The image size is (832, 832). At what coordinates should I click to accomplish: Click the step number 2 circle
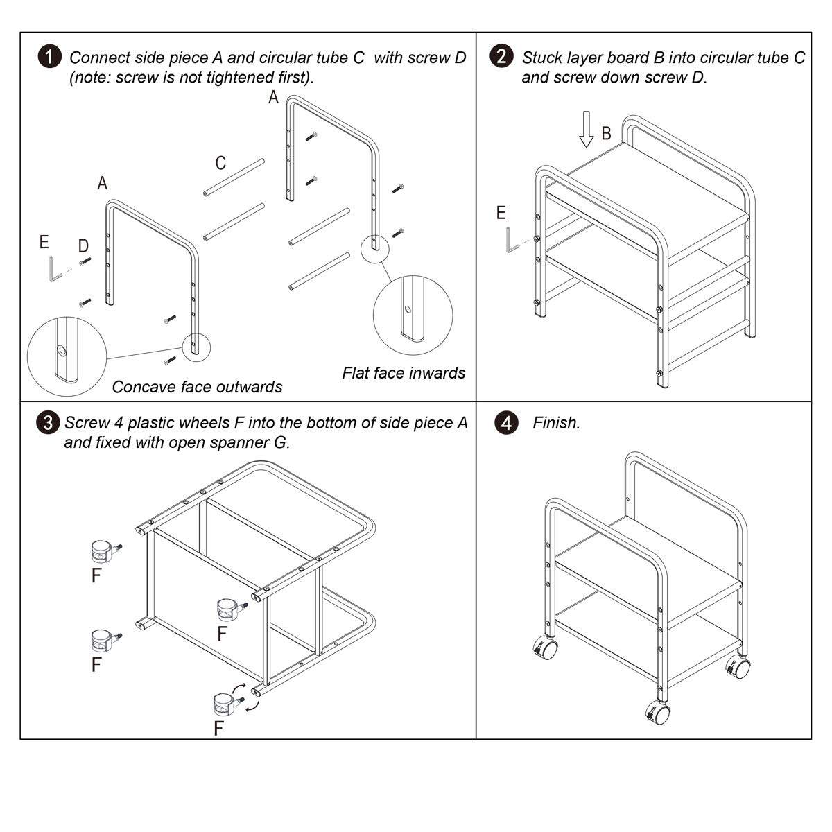(x=502, y=56)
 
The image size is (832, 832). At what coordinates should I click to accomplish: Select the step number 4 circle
(x=507, y=423)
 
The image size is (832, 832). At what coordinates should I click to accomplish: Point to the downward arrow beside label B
(x=587, y=130)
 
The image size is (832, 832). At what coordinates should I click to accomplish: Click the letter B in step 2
(x=606, y=133)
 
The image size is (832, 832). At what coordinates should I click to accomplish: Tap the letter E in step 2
(x=501, y=213)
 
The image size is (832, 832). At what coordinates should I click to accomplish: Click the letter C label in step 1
(x=220, y=163)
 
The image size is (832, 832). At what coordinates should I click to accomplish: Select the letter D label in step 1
(x=83, y=245)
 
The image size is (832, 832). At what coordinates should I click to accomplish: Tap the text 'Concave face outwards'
(x=197, y=387)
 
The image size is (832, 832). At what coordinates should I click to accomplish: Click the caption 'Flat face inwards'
(x=404, y=373)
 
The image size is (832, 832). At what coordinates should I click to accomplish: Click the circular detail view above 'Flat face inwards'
(x=413, y=316)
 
